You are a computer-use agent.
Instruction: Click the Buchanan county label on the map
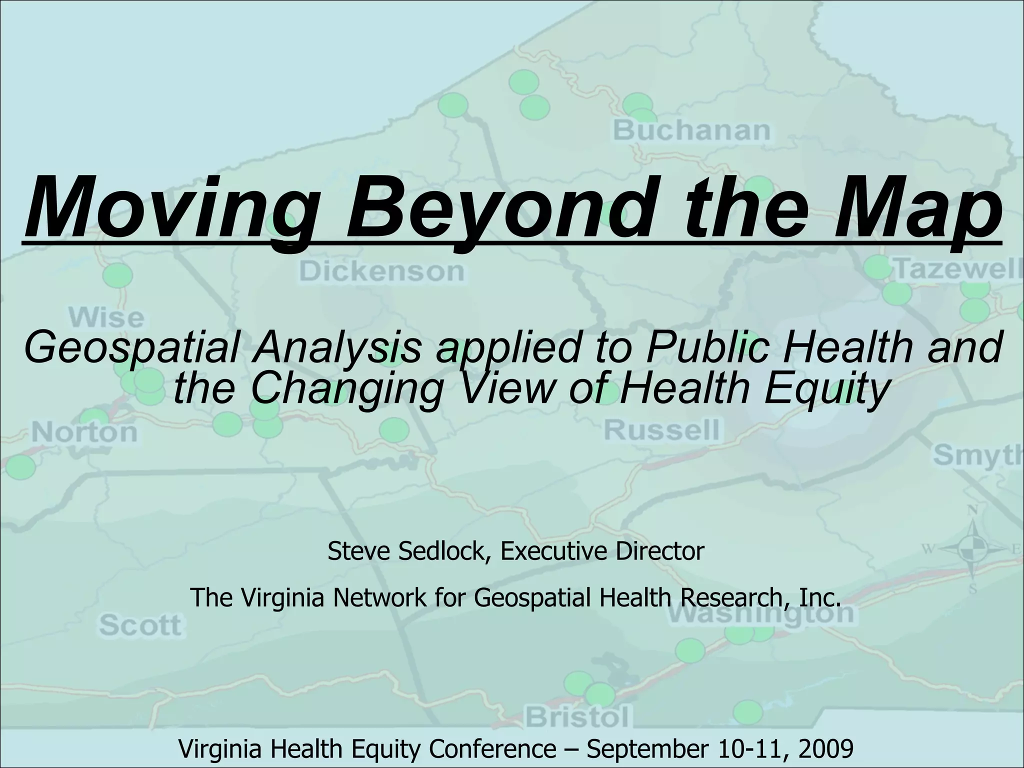tap(692, 130)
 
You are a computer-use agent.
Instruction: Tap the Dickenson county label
tap(382, 271)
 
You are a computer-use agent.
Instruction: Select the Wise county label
tap(106, 318)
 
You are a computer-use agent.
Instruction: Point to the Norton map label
tap(84, 432)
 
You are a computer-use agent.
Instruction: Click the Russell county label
tap(662, 430)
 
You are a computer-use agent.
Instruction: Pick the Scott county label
tap(140, 625)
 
